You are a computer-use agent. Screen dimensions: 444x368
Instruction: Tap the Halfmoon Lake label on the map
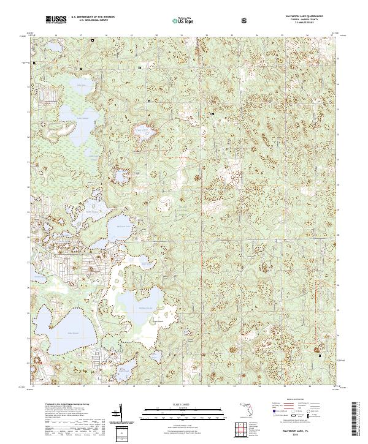pyautogui.click(x=145, y=307)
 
